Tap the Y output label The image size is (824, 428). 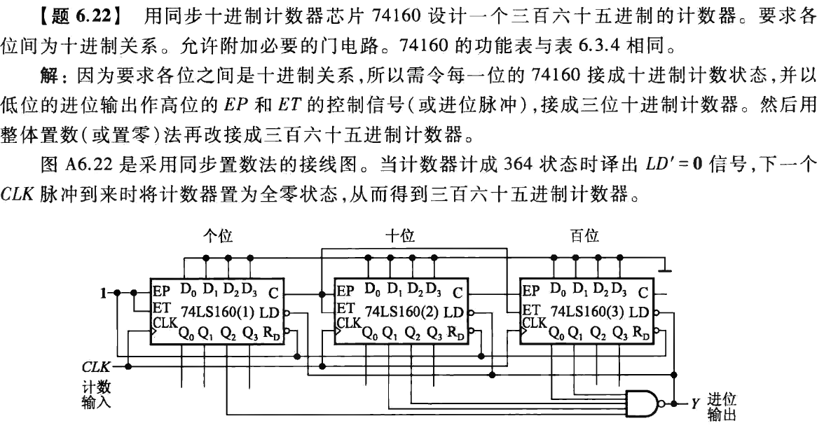[x=696, y=404]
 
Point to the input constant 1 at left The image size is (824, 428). [x=103, y=291]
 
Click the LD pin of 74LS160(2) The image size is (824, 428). [x=455, y=312]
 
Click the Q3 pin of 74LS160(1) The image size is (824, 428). [x=251, y=333]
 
